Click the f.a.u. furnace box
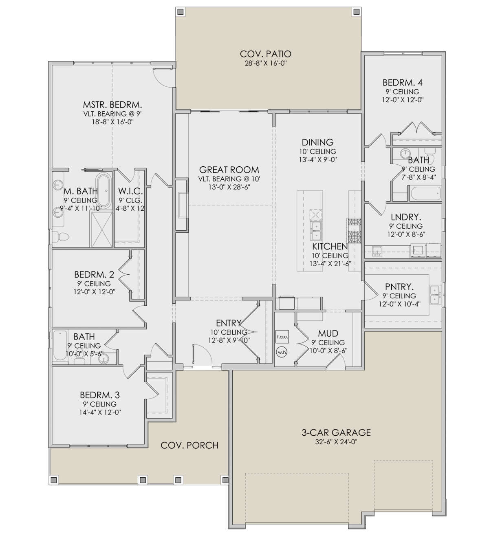point(282,337)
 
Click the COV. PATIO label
point(265,54)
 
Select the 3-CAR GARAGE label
point(336,432)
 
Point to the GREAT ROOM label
point(229,170)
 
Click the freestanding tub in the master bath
point(104,191)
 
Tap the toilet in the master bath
point(61,236)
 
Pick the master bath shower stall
point(102,230)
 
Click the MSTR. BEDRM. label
point(112,104)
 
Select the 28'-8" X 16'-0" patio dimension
point(265,63)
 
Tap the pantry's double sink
point(435,295)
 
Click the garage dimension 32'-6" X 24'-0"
point(336,442)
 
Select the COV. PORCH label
point(189,446)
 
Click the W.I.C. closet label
point(130,191)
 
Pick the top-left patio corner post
point(181,12)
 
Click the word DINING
point(317,142)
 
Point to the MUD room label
point(328,333)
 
